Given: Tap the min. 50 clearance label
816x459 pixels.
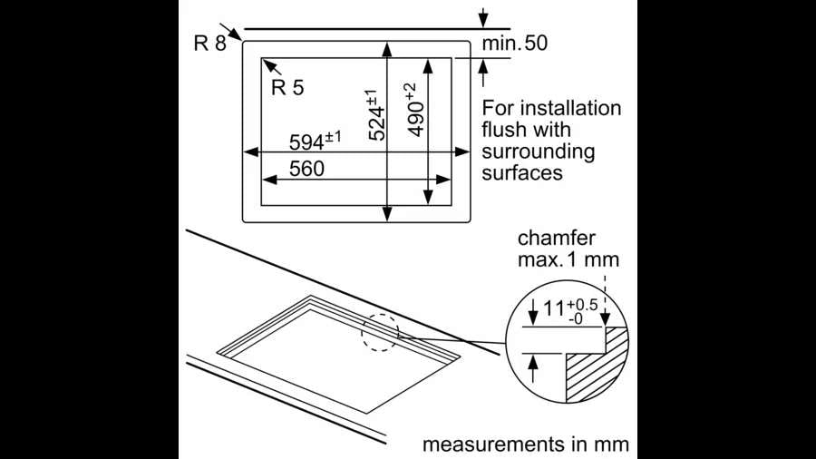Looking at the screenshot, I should [x=514, y=43].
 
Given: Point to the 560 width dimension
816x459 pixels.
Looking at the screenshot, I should [x=307, y=169].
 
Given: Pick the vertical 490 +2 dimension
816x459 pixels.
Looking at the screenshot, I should [x=413, y=110].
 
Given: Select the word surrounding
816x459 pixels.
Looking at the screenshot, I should [x=539, y=151].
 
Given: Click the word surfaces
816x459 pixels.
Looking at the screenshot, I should [x=523, y=171].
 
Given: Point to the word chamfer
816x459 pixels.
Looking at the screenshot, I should [x=556, y=239].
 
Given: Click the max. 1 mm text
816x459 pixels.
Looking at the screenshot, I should [x=568, y=259].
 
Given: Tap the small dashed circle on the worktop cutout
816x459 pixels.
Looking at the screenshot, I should [x=379, y=332].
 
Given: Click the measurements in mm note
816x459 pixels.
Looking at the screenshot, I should [x=525, y=444].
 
